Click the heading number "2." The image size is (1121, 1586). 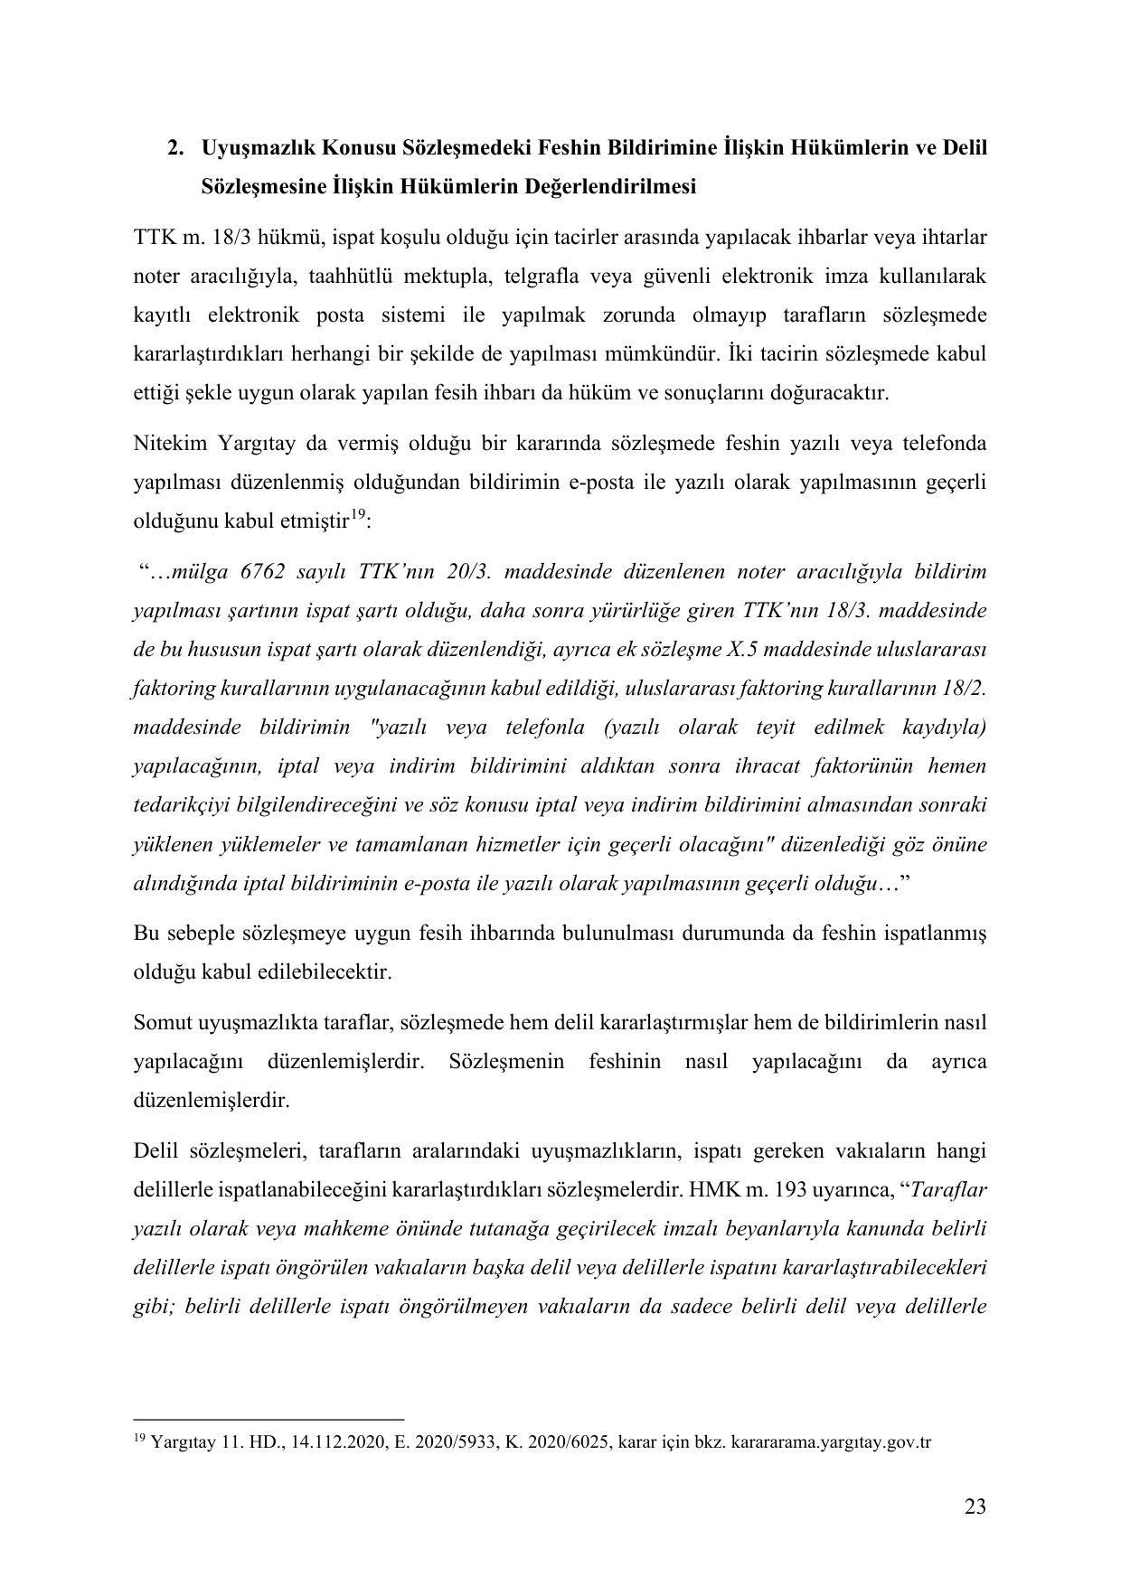point(177,147)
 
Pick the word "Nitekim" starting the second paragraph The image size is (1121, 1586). point(165,444)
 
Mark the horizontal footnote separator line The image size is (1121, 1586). point(268,1420)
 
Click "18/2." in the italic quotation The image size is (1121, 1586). point(960,688)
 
